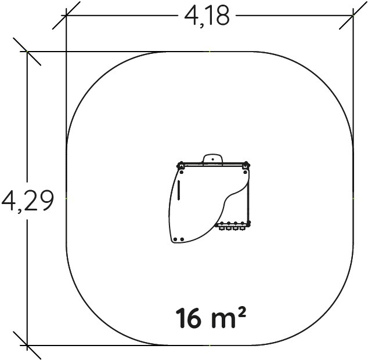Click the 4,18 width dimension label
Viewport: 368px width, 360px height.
tap(207, 16)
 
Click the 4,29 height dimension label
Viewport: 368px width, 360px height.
tap(28, 201)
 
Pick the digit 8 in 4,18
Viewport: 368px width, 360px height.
tap(222, 16)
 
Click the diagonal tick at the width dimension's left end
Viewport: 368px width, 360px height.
tap(66, 16)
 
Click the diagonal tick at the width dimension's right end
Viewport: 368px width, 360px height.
tap(353, 16)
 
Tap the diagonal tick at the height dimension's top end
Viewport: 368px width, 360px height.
tap(27, 52)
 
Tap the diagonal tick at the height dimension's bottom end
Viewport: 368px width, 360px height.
tap(27, 346)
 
